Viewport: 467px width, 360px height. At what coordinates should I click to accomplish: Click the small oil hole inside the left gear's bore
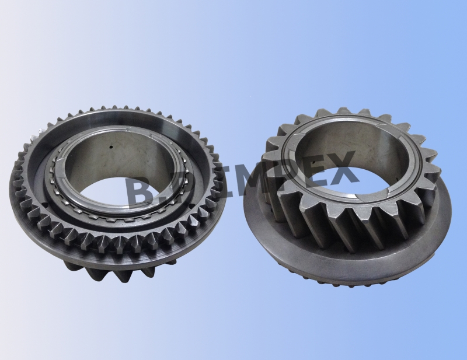click(x=111, y=147)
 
